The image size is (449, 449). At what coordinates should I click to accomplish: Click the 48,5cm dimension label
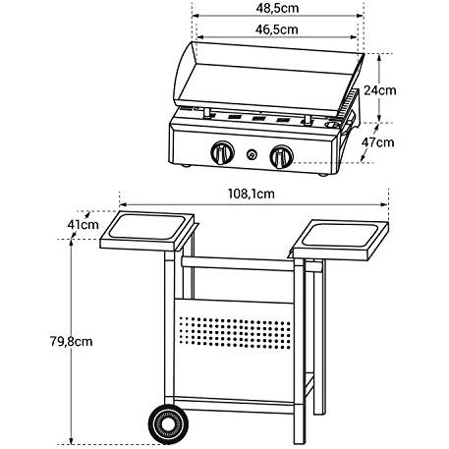(x=277, y=8)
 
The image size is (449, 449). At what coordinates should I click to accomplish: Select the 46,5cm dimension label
(x=277, y=29)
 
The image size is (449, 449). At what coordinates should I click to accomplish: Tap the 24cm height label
(x=380, y=90)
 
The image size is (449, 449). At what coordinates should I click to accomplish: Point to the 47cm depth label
(x=377, y=142)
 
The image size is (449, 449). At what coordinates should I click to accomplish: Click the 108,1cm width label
(x=252, y=194)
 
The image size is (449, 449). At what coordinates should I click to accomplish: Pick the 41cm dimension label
(x=83, y=225)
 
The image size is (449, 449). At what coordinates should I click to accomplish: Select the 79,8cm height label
(x=72, y=342)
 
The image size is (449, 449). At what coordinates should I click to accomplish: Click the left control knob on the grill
(x=222, y=153)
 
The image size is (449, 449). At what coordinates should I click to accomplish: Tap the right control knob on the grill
(x=281, y=156)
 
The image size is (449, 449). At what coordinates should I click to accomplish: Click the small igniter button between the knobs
(x=252, y=154)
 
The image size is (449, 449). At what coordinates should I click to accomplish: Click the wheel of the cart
(x=168, y=424)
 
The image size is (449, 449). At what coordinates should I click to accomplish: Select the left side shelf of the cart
(x=146, y=231)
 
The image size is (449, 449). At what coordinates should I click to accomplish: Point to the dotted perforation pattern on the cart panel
(x=235, y=332)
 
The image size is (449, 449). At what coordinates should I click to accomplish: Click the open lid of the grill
(x=267, y=79)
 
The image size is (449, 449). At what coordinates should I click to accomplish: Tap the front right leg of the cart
(x=300, y=351)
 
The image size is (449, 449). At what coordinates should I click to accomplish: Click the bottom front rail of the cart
(x=234, y=406)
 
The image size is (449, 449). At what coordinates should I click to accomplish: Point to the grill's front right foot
(x=323, y=175)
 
